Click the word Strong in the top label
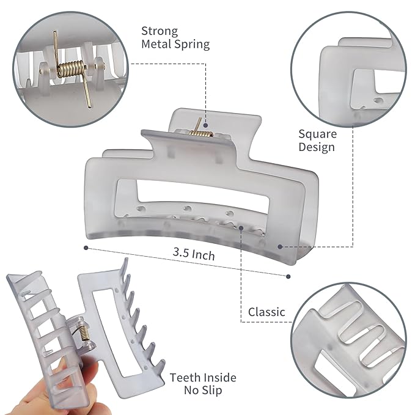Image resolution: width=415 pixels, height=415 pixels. [160, 31]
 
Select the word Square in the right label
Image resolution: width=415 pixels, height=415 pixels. [316, 133]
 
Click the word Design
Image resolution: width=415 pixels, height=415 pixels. [317, 147]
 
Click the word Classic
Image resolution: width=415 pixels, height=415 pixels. [266, 312]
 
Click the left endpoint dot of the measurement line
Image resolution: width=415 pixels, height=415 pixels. [86, 248]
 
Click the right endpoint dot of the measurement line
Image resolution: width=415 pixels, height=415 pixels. [288, 276]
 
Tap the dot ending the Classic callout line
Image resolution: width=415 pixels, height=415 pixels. [242, 228]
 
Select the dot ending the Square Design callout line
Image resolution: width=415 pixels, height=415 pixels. [280, 247]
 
